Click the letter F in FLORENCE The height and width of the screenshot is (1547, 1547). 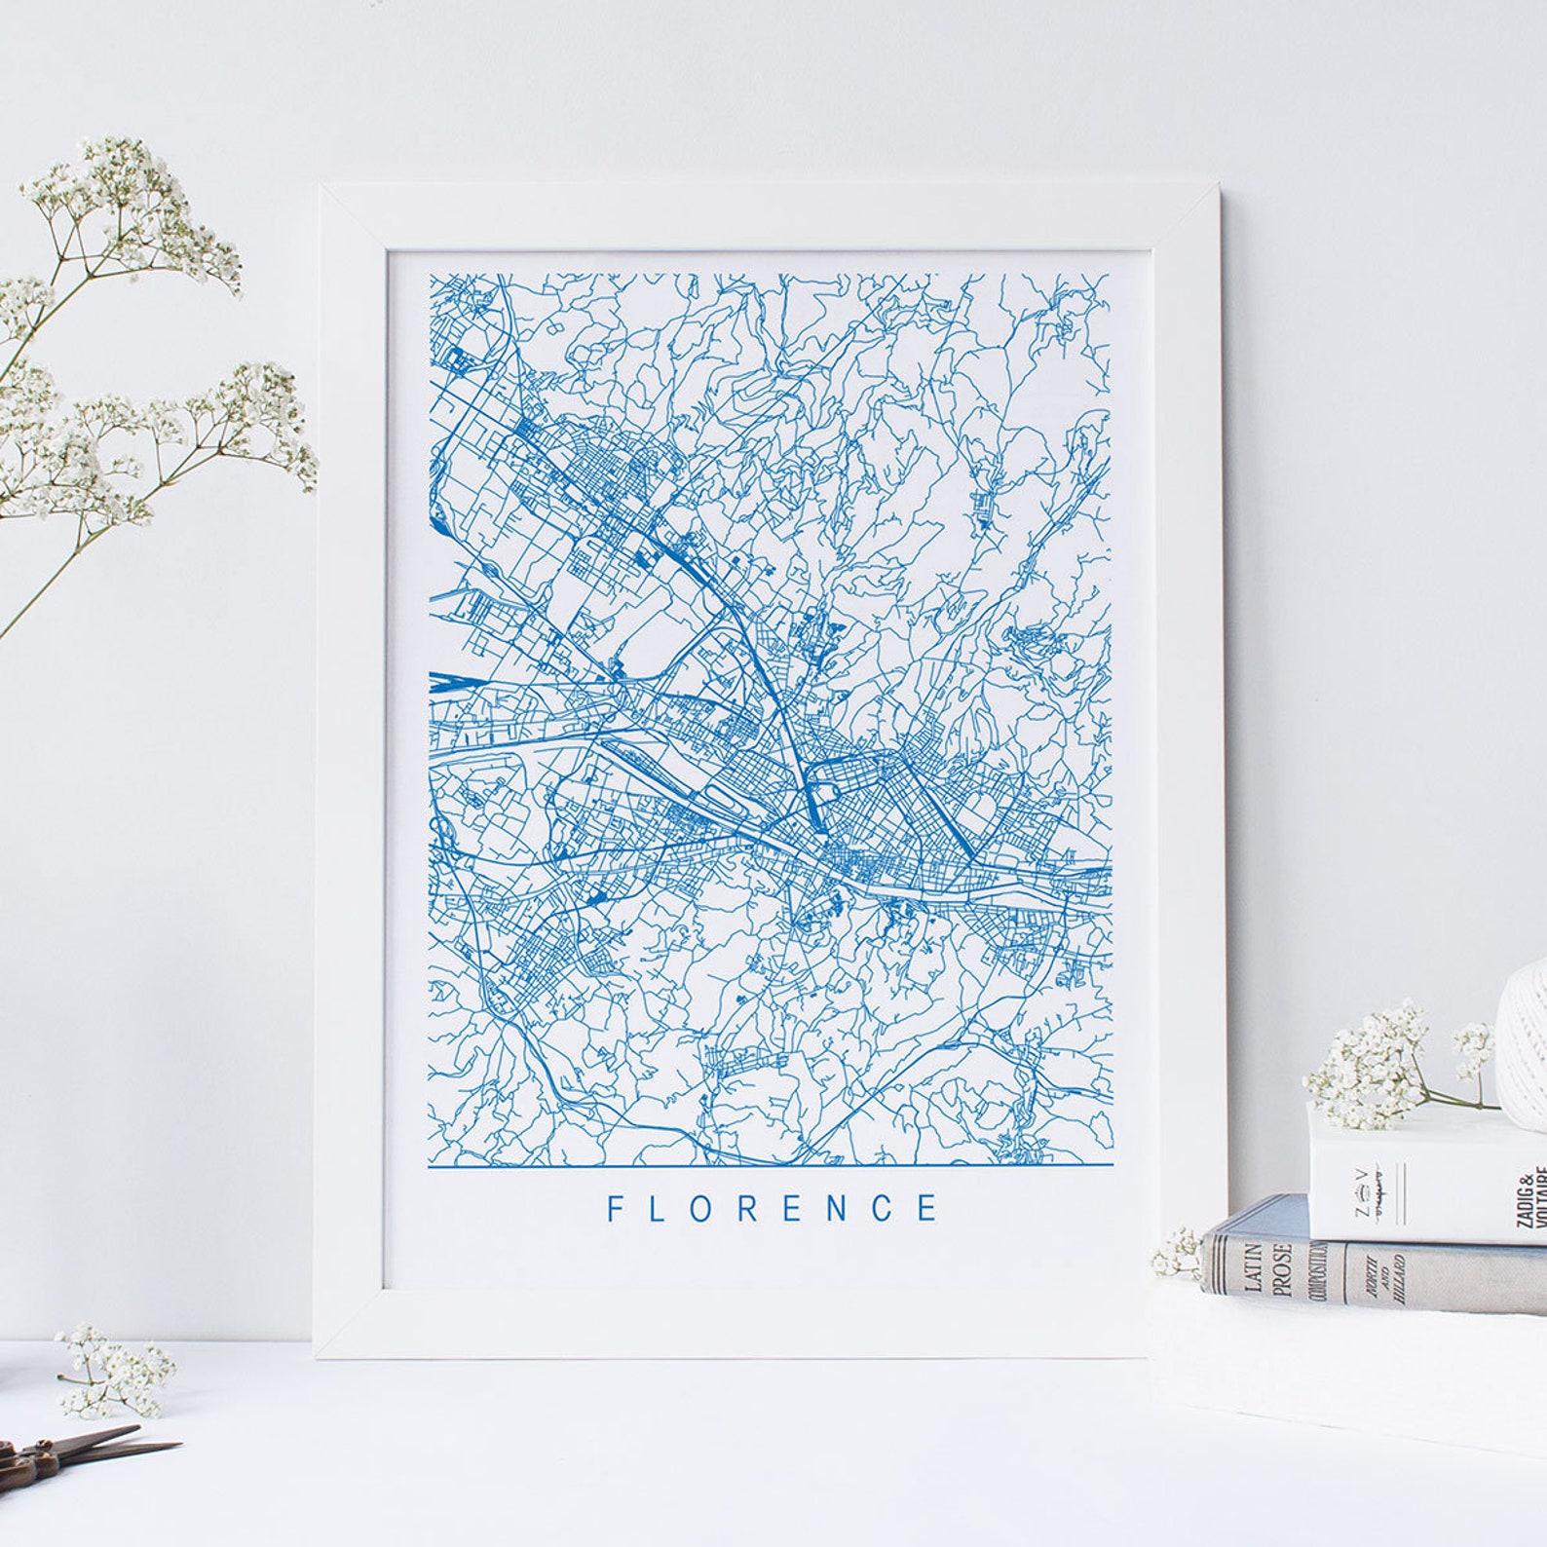tap(616, 1208)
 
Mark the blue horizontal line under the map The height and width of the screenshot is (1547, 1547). tap(770, 1164)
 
